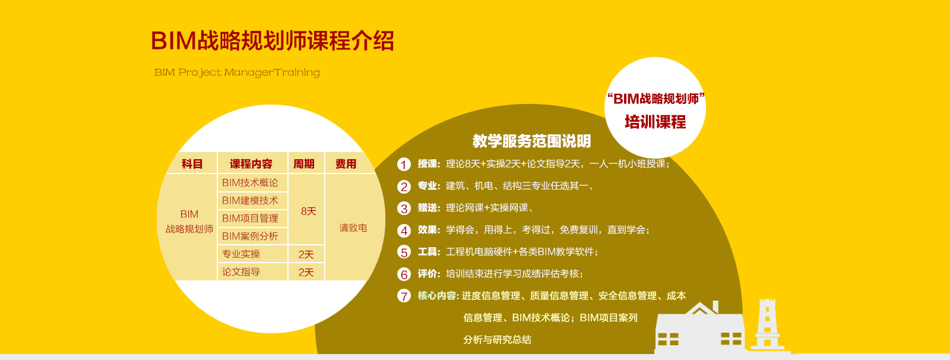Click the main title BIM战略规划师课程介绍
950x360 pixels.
tap(273, 41)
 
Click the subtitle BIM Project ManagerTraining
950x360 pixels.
tap(237, 72)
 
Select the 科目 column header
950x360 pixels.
tap(192, 164)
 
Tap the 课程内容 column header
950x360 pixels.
tap(251, 164)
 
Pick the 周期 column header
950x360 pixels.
tap(304, 164)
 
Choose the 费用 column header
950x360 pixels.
tap(346, 164)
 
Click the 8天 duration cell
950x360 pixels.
tap(308, 211)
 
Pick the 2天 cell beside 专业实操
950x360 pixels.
tap(306, 254)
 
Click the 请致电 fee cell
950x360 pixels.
tap(353, 228)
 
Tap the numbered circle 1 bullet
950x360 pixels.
tap(404, 165)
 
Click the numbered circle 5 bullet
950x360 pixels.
tap(404, 252)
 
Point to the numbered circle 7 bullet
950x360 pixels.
tap(404, 296)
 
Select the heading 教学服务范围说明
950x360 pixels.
tap(532, 141)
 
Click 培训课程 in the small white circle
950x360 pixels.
tap(655, 122)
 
